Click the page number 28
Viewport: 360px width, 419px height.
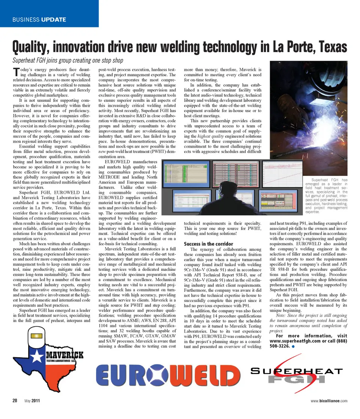[15, 401]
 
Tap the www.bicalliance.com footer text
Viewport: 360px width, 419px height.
[329, 401]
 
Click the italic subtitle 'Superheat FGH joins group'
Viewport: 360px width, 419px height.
[68, 60]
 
